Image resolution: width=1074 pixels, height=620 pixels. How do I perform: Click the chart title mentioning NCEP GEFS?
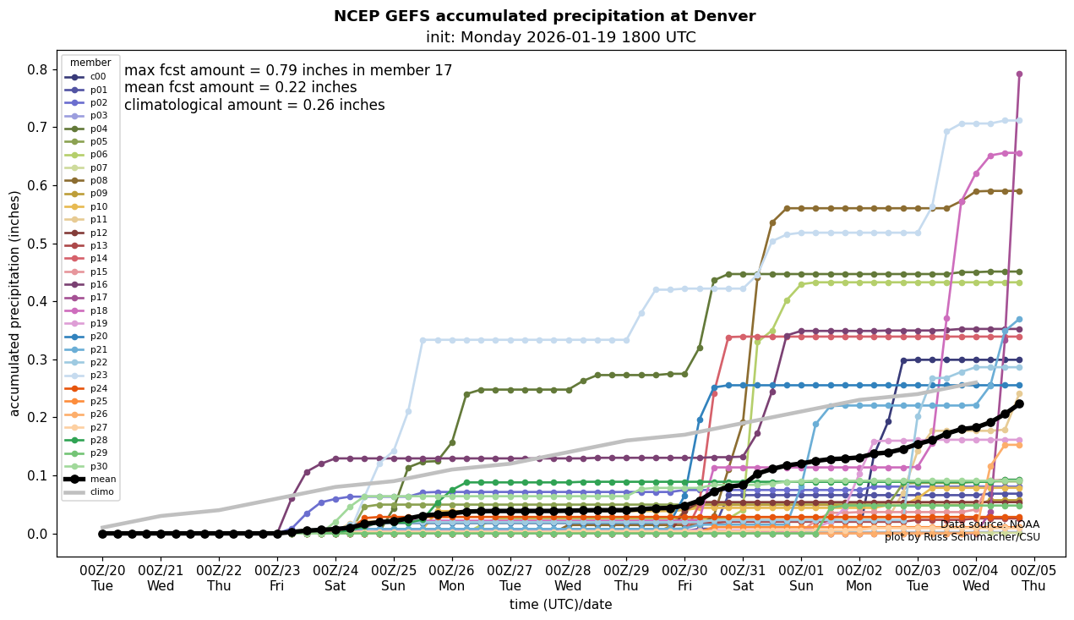pos(544,16)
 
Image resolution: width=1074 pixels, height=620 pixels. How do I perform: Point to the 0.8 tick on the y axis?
pos(38,69)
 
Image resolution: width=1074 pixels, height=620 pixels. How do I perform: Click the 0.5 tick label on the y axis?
pos(38,244)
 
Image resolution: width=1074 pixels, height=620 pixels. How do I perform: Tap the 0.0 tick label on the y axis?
pos(38,534)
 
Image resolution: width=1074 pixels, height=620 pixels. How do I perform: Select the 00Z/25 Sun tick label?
pos(394,577)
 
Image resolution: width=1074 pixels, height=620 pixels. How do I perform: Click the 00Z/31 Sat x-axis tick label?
pos(743,577)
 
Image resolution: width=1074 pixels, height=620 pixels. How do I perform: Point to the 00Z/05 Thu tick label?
pos(1033,577)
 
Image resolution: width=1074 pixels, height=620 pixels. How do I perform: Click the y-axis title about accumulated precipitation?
pos(14,303)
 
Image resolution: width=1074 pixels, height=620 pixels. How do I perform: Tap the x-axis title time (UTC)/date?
pos(560,605)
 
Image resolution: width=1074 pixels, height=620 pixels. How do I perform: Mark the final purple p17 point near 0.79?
pos(1019,74)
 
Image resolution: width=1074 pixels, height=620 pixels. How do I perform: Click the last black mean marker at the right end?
pos(1019,403)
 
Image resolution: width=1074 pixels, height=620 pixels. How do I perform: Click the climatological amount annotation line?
pos(254,106)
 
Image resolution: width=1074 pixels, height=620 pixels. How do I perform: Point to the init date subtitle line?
pos(560,37)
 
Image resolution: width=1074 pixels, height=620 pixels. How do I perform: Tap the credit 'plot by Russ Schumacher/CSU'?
pos(962,537)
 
